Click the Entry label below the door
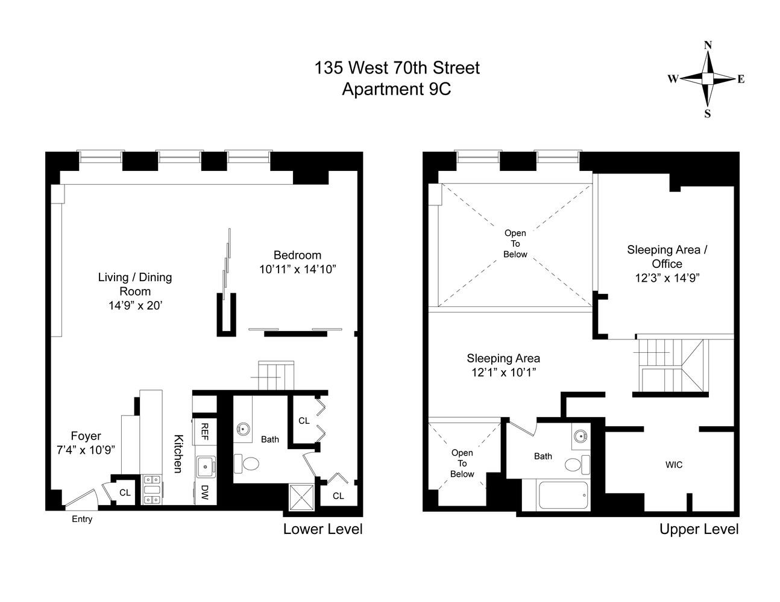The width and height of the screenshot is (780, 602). (82, 519)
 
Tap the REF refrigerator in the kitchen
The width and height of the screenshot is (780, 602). (204, 431)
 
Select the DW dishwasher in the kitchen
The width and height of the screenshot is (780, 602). (204, 493)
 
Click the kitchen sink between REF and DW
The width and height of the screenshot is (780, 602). (205, 466)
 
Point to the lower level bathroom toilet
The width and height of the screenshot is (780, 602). (247, 464)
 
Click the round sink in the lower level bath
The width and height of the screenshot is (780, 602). (244, 429)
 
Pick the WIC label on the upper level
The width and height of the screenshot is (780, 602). (673, 465)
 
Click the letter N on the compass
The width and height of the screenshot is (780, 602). (708, 45)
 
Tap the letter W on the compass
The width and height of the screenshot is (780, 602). (673, 79)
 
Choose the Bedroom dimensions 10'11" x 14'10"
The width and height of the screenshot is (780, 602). (297, 269)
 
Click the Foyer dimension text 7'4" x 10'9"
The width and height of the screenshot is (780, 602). (86, 450)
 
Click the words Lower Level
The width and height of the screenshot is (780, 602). (322, 529)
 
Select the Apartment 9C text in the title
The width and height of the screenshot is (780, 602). (396, 89)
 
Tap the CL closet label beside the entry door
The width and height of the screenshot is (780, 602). (125, 492)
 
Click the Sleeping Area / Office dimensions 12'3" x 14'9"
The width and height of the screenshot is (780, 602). (667, 278)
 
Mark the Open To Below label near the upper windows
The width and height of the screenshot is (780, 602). (515, 243)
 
